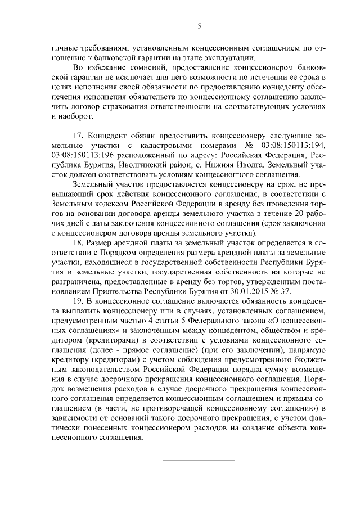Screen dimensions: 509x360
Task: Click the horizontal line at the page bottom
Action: tap(199, 460)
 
